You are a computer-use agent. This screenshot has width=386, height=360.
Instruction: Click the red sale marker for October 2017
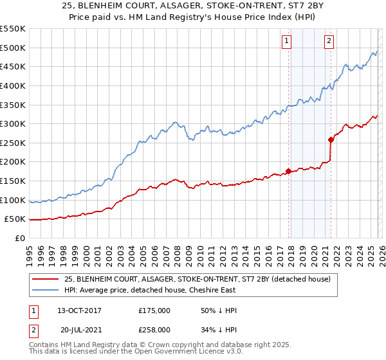click(288, 171)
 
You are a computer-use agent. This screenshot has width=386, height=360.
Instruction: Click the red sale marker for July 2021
click(331, 139)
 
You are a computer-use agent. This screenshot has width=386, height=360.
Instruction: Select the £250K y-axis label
click(13, 143)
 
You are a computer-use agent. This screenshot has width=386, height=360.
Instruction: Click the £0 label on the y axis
click(20, 238)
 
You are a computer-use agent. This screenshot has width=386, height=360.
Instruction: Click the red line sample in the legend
click(45, 279)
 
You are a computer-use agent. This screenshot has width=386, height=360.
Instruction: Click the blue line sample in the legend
click(45, 290)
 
